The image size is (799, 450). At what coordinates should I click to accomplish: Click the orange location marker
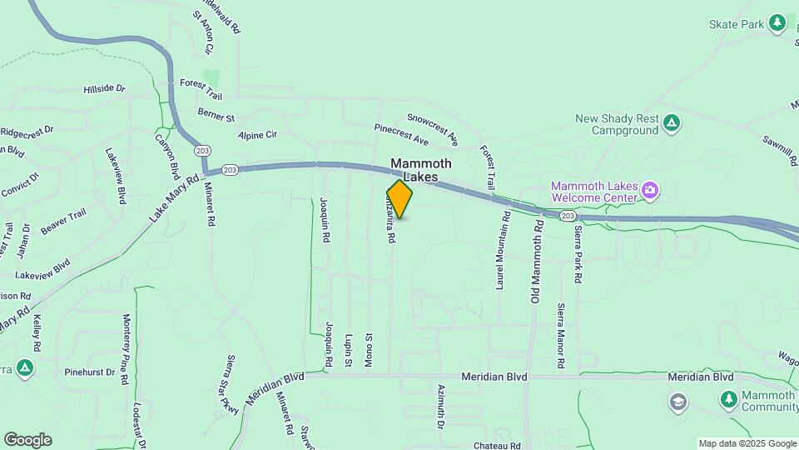tap(399, 199)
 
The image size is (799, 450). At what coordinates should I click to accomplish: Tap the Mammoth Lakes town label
tap(421, 170)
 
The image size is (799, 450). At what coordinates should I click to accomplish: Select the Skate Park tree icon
tap(777, 23)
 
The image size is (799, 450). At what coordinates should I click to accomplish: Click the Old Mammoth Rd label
tap(538, 262)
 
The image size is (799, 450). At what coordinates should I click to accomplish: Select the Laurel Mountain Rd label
tap(503, 249)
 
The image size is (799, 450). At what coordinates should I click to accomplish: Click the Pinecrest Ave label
tap(401, 134)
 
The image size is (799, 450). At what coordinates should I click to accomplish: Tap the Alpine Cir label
tap(257, 135)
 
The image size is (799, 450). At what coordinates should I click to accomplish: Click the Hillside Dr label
tap(104, 88)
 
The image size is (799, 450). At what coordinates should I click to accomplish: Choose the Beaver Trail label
tap(63, 222)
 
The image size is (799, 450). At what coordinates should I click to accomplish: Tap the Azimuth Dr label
tap(440, 407)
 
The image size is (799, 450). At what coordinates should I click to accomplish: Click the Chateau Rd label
tap(497, 445)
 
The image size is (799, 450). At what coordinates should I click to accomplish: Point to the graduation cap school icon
tap(678, 403)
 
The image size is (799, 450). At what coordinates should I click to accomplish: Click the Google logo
tap(27, 440)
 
